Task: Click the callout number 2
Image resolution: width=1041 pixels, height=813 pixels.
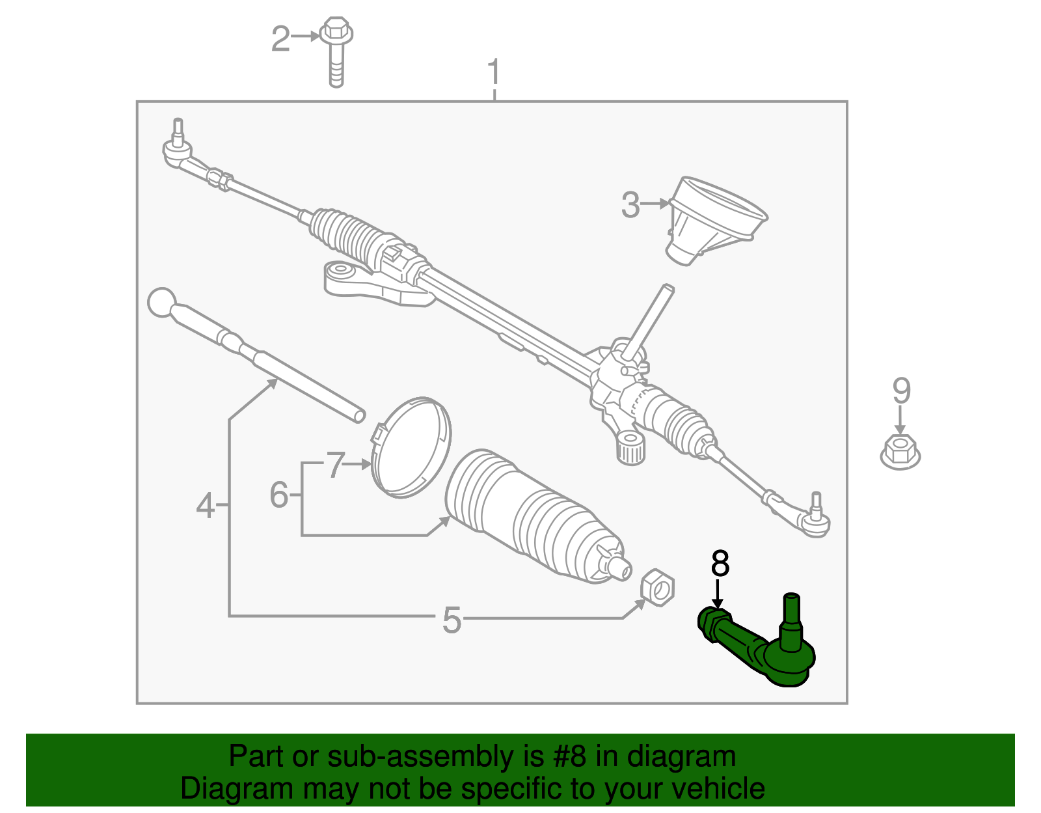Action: click(x=280, y=39)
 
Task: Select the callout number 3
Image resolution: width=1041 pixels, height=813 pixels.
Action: click(x=630, y=204)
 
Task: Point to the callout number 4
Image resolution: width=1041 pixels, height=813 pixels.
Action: click(x=205, y=506)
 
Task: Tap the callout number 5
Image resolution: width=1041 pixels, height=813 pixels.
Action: click(x=452, y=620)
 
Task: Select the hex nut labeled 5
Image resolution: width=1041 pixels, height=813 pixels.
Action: click(x=658, y=587)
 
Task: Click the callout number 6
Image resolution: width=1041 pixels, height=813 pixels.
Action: click(x=278, y=495)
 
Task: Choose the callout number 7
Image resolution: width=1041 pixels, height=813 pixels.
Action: click(x=335, y=465)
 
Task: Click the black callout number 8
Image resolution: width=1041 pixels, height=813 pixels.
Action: click(x=720, y=564)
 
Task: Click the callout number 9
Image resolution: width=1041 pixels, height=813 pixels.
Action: click(x=900, y=391)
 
